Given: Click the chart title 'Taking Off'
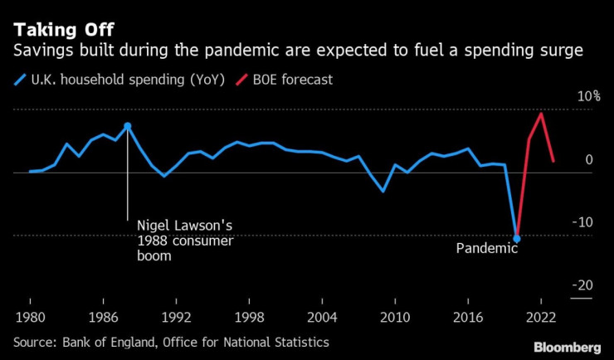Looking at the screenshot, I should [57, 29].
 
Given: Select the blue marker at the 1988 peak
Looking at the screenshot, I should [127, 126].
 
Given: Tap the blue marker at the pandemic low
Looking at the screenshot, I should [517, 239].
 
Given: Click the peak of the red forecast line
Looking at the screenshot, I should [541, 114].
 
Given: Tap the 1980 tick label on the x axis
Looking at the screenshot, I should [30, 316].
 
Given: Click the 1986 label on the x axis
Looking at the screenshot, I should [103, 316].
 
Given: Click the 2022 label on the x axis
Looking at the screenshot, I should [541, 316].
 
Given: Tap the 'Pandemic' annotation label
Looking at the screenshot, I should [487, 248].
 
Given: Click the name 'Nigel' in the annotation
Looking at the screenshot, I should [155, 226].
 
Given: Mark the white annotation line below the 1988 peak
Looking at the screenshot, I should [127, 178].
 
